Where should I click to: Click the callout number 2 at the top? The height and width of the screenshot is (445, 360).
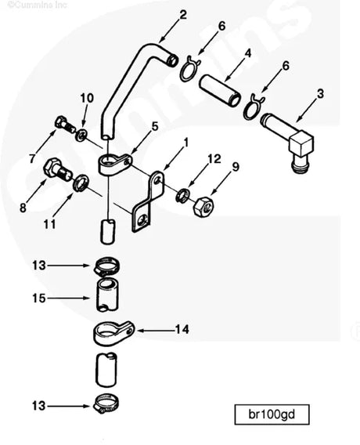click(182, 14)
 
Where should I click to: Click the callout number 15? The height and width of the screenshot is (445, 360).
click(38, 298)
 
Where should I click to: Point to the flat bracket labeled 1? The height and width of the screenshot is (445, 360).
click(149, 201)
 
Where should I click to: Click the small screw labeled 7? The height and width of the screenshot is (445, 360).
click(63, 123)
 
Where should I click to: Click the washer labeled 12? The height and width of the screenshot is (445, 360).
click(183, 194)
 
